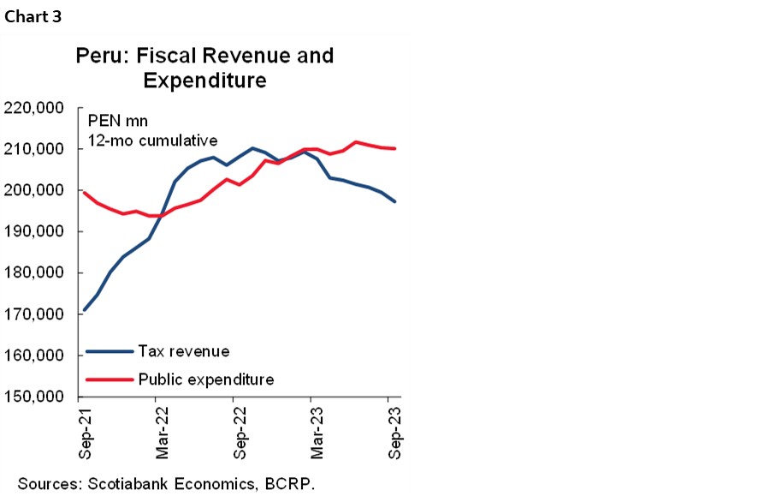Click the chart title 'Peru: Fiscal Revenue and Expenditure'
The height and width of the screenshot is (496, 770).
click(204, 69)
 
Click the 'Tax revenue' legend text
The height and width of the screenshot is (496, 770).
click(183, 351)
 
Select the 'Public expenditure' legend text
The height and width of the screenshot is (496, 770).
click(205, 379)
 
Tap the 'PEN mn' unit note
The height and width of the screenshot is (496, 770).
click(112, 122)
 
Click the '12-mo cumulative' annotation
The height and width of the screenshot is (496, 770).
click(152, 140)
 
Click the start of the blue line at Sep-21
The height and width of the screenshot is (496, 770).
click(84, 310)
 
